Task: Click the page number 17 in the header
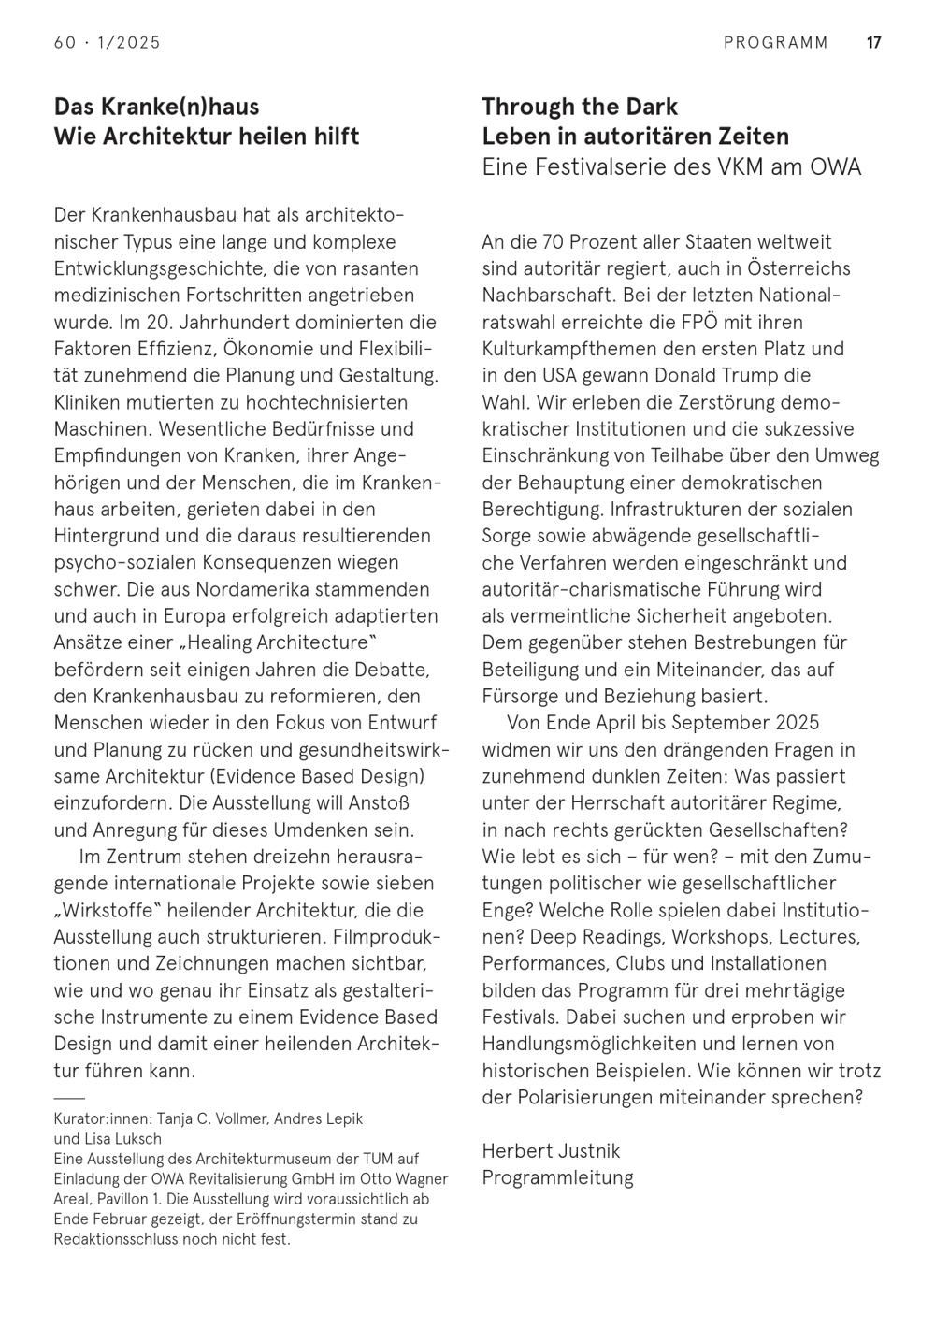874,42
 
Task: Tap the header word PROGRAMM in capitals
776,42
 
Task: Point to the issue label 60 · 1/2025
108,42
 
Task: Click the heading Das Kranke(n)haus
156,107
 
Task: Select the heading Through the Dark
580,107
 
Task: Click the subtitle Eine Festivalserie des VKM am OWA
671,166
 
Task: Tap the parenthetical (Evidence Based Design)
318,777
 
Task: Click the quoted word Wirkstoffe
102,910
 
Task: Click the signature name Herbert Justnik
551,1150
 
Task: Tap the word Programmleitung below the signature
557,1177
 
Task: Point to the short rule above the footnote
69,1098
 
